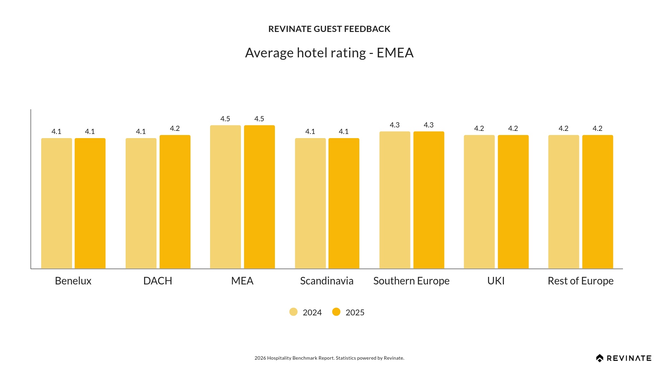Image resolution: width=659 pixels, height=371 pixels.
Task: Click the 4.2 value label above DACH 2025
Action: pos(175,128)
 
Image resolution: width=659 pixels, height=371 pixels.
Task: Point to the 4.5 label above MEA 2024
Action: pos(225,119)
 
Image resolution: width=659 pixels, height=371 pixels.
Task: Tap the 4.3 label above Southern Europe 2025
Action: pos(429,125)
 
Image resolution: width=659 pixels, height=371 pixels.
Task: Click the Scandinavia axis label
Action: pos(327,281)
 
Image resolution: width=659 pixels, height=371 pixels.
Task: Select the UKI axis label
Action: pos(496,281)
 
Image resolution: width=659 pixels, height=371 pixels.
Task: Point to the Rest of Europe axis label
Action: pos(580,281)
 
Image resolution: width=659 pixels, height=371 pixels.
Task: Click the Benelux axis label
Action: pos(73,281)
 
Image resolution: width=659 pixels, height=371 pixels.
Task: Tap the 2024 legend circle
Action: pos(293,312)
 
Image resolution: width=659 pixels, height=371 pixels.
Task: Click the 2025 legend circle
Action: pos(336,312)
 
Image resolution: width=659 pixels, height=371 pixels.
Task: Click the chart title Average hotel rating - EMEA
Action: pos(329,53)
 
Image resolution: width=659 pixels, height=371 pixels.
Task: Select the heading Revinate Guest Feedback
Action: pos(329,29)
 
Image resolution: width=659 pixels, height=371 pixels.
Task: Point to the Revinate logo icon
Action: pos(600,358)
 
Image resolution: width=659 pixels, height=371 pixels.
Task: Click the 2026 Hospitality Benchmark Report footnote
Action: pos(329,358)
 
